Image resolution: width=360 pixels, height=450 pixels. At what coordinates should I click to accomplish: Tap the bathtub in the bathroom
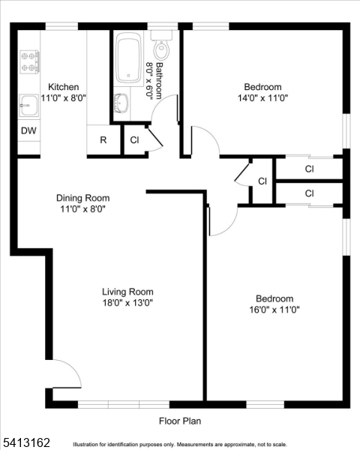tap(129, 58)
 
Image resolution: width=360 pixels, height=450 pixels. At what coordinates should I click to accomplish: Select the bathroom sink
tap(121, 103)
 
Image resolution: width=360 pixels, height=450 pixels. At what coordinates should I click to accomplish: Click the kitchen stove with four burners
tap(29, 61)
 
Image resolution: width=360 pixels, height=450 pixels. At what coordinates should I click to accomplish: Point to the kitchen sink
tap(28, 106)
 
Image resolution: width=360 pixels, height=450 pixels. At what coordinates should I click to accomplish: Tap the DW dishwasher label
tap(28, 130)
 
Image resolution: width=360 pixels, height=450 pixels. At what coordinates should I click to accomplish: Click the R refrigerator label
tap(103, 140)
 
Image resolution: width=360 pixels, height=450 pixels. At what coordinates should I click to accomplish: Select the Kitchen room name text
tap(64, 87)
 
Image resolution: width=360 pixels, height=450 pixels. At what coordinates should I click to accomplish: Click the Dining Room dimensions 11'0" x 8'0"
tap(83, 209)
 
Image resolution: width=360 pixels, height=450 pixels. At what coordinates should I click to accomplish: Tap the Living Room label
tap(127, 292)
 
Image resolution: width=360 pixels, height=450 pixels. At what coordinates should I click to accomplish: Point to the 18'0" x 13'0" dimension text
tap(127, 302)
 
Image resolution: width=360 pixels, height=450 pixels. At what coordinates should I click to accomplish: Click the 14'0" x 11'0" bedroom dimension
tap(262, 98)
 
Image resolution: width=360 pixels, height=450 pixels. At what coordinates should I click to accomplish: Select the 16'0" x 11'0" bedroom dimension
tap(274, 310)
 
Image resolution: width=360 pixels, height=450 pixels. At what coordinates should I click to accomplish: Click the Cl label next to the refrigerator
tap(134, 140)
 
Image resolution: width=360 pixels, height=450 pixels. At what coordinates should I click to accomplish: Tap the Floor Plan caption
tap(180, 421)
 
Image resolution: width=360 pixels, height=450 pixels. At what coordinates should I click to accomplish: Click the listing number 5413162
tap(25, 442)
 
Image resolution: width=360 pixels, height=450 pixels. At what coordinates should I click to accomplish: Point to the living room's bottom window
tap(124, 404)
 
